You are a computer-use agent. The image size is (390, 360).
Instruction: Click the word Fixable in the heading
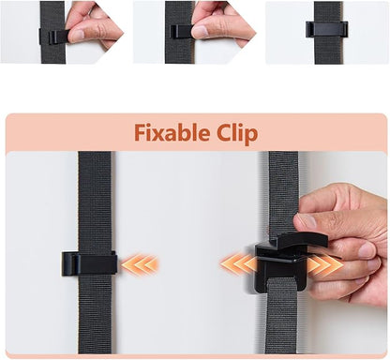pyautogui.click(x=172, y=132)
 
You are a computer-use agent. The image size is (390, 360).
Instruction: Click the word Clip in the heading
pyautogui.click(x=238, y=133)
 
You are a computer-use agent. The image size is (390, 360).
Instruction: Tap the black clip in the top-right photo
pyautogui.click(x=326, y=29)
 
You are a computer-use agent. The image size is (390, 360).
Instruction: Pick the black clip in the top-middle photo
pyautogui.click(x=181, y=32)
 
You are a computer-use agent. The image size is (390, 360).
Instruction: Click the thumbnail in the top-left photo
pyautogui.click(x=77, y=35)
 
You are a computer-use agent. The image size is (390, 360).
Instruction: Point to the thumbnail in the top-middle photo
pyautogui.click(x=200, y=32)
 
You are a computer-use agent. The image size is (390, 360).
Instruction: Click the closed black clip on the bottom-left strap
pyautogui.click(x=89, y=263)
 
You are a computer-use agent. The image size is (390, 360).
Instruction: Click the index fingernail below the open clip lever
pyautogui.click(x=367, y=250)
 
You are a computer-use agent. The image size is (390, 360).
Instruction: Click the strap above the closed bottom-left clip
pyautogui.click(x=95, y=202)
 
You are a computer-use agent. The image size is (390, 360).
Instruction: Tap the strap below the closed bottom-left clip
pyautogui.click(x=95, y=314)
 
